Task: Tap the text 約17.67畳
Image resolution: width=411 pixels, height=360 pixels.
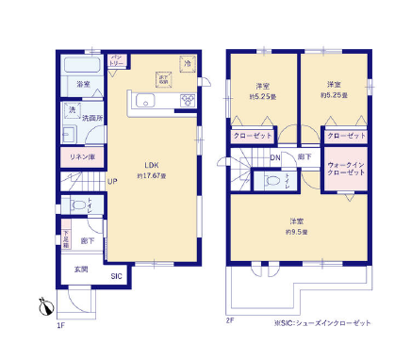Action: click(151, 175)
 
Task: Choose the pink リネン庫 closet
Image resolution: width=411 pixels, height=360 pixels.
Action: click(77, 155)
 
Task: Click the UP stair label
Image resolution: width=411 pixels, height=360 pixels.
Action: click(111, 182)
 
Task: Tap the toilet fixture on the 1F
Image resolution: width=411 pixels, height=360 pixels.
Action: click(74, 205)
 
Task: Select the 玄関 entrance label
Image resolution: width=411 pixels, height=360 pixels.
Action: click(81, 270)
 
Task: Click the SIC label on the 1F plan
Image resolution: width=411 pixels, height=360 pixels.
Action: click(115, 276)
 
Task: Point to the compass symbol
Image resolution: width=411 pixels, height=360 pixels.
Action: click(43, 305)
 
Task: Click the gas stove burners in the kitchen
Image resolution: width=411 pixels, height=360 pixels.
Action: click(188, 99)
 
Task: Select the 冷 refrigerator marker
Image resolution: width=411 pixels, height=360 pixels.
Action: click(188, 62)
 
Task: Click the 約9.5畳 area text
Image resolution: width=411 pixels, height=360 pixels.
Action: click(297, 231)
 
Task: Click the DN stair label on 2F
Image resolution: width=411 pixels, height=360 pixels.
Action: click(275, 157)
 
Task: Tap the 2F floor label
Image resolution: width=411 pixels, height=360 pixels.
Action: click(229, 321)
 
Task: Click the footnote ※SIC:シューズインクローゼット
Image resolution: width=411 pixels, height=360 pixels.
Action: click(322, 322)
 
